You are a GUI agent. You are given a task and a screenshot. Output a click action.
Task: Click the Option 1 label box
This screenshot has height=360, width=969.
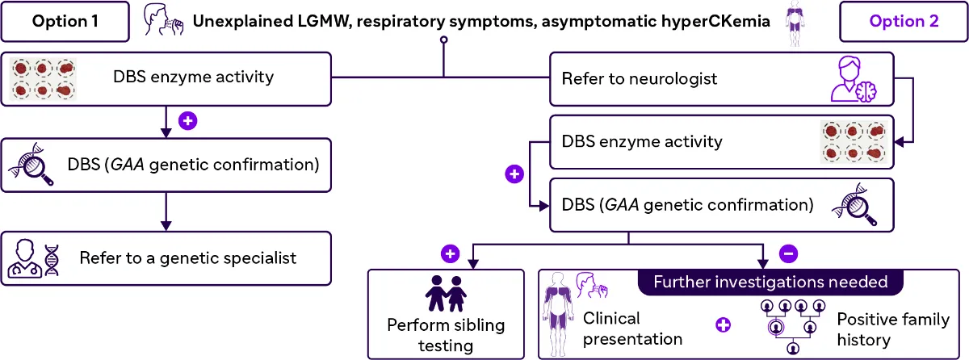pos(65,22)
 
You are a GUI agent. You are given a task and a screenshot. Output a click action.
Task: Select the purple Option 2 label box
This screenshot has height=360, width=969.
pos(904,22)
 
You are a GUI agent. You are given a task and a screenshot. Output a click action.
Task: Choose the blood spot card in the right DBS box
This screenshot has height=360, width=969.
pos(853,142)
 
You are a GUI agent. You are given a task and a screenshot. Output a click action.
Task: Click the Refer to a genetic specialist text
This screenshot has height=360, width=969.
pos(188,259)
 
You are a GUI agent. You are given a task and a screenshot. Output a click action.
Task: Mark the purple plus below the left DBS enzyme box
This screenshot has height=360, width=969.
pos(187,121)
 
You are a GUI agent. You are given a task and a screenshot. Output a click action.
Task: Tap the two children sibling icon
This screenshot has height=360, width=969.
pos(446,293)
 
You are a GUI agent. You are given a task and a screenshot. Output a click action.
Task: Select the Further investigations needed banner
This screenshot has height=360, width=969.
pos(770,283)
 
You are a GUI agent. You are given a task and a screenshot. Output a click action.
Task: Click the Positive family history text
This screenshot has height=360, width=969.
pos(892,329)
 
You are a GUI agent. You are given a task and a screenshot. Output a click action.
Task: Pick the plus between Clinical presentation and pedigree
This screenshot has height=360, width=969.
pos(724,324)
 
